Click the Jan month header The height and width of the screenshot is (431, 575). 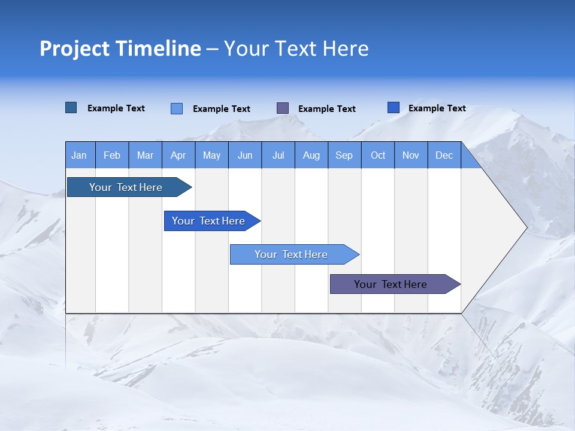click(79, 155)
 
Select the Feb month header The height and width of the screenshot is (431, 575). click(112, 155)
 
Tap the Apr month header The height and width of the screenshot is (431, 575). click(178, 155)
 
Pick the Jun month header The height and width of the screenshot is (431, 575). click(245, 155)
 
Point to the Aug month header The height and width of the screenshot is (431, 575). click(311, 155)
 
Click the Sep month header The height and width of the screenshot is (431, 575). click(344, 155)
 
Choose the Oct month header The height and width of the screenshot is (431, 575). click(378, 155)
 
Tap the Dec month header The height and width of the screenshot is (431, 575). click(444, 155)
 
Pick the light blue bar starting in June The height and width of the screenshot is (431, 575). click(292, 254)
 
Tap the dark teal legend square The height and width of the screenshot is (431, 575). click(71, 108)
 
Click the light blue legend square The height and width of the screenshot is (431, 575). click(177, 108)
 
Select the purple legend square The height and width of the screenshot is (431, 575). click(283, 108)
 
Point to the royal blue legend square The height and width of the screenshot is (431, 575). click(394, 107)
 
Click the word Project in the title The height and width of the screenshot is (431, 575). click(75, 48)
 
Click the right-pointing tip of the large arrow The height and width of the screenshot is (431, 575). click(525, 227)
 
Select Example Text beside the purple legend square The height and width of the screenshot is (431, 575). click(327, 109)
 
